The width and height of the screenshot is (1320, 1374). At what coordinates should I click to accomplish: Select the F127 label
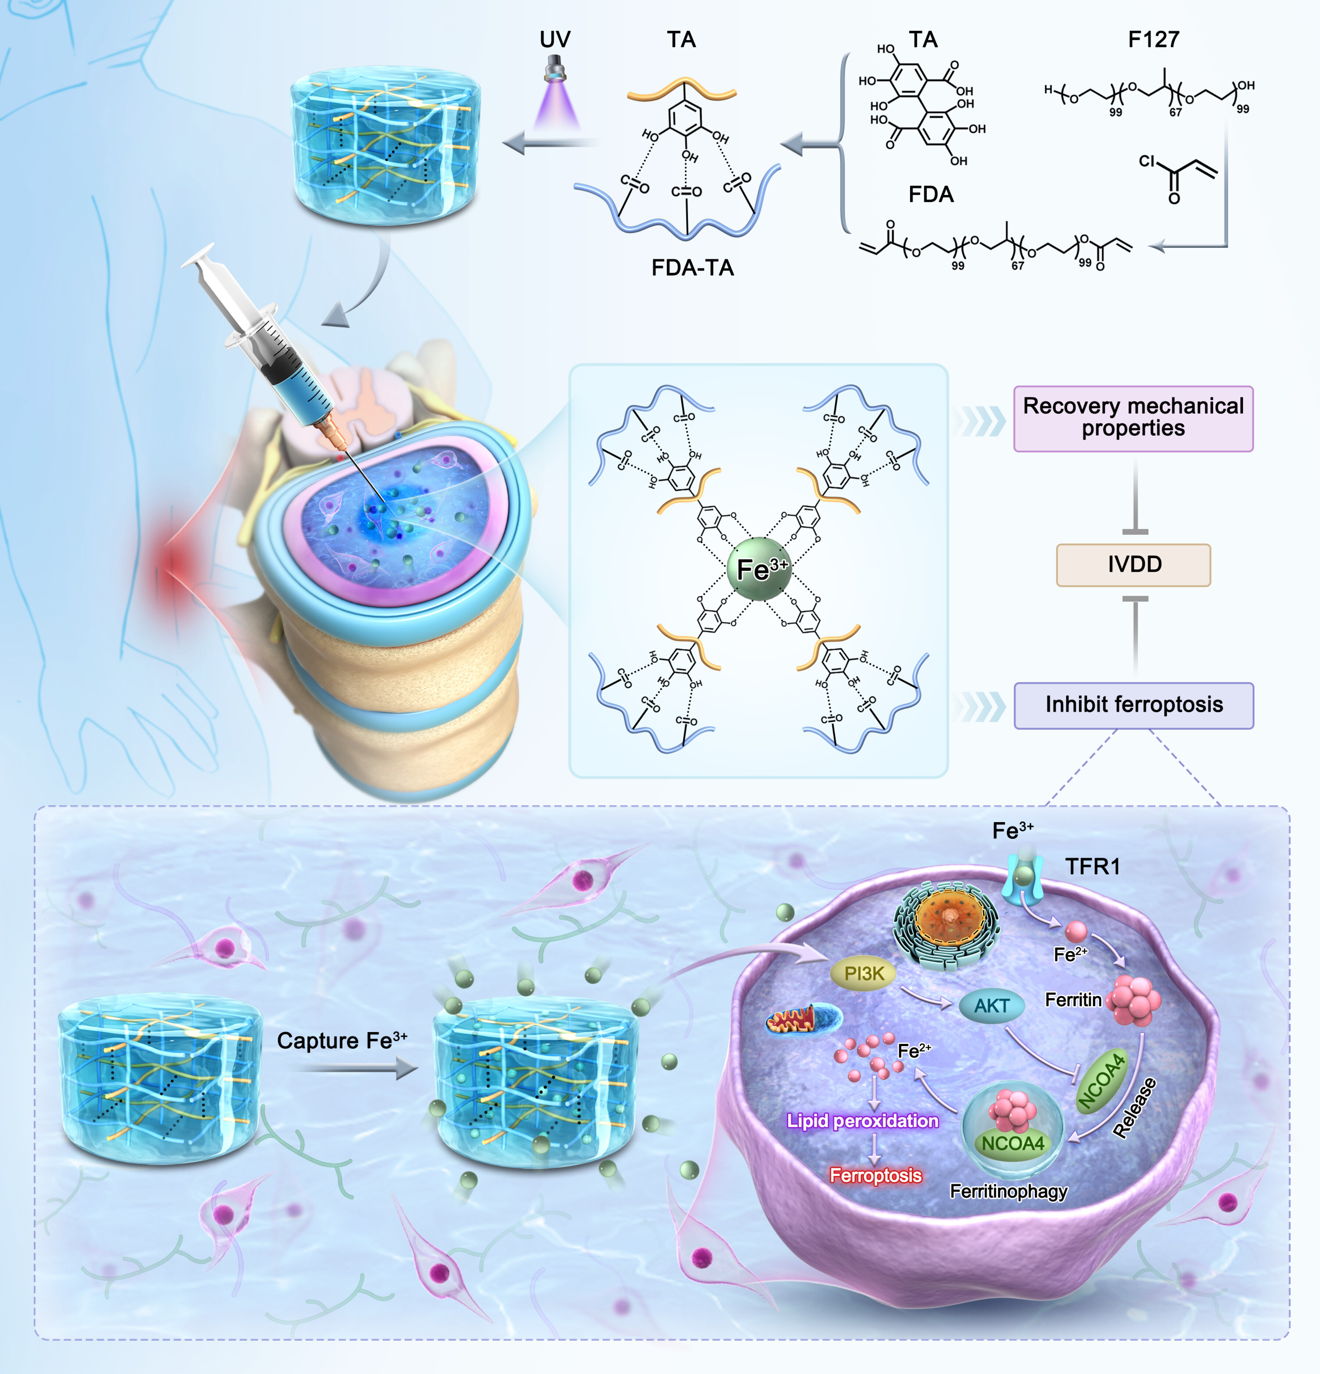pos(1153,39)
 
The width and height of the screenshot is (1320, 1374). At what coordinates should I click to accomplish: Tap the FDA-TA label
pos(692,268)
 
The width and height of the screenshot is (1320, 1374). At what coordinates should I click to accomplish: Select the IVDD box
pos(1133,564)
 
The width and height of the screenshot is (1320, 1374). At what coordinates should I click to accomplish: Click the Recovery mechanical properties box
pos(1133,419)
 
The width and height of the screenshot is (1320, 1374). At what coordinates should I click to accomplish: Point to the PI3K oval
pos(863,974)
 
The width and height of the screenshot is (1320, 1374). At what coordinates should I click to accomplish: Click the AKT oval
pos(991,1005)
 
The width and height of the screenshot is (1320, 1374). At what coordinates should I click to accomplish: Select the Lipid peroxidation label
pos(863,1121)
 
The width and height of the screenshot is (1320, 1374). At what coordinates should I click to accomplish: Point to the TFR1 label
pos(1092,866)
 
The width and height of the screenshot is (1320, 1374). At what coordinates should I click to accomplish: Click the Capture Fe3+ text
pos(342,1040)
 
